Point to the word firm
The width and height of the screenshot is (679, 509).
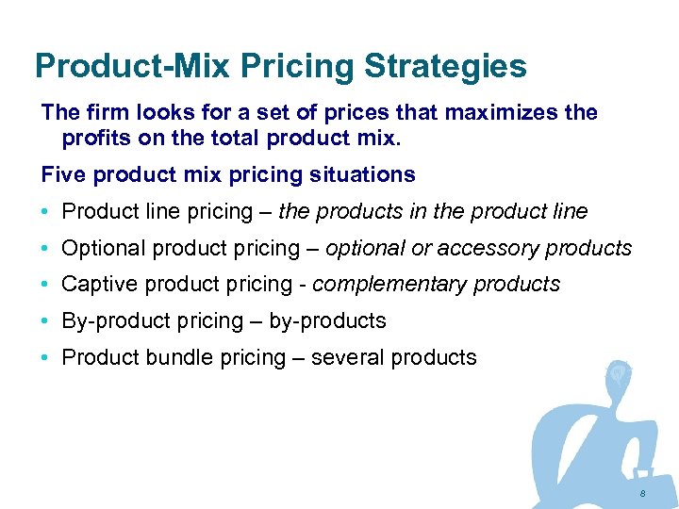(105, 112)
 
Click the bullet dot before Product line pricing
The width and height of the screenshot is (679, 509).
(45, 212)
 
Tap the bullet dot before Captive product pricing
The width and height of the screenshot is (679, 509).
(45, 285)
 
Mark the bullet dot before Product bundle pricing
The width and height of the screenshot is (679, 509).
(45, 358)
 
